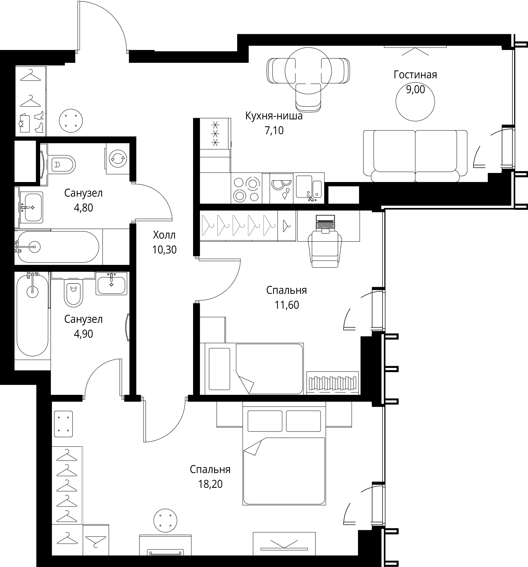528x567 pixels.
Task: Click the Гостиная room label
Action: coord(415,75)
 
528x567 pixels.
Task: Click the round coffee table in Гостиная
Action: coord(415,102)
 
